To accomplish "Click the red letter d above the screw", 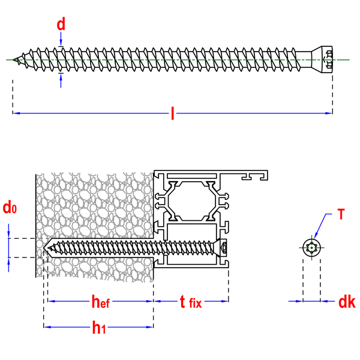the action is tap(61, 24).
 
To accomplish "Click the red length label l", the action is tap(172, 113).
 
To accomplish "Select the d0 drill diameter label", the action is tap(10, 208).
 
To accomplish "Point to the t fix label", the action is tap(191, 302).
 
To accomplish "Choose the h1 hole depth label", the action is tap(99, 328).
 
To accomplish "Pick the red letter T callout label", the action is tap(341, 214).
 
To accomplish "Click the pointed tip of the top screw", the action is tap(13, 59).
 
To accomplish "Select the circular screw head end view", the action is tap(311, 248).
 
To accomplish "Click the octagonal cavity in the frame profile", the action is tap(192, 201).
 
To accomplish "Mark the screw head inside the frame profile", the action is tap(220, 248).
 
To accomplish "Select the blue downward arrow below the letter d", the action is tap(61, 39).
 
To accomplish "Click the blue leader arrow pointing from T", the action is tap(322, 226).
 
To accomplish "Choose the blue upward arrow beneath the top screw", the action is tap(61, 81).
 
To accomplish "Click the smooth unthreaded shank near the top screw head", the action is tap(303, 59).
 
